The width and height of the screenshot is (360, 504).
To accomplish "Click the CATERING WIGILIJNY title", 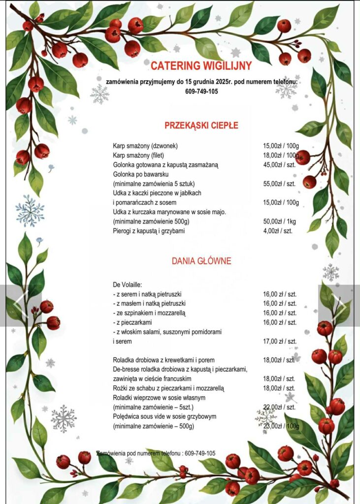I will [x=201, y=65].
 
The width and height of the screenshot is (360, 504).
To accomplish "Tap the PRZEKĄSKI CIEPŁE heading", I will [x=201, y=125].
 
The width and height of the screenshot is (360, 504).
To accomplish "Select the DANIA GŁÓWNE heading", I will [x=201, y=261].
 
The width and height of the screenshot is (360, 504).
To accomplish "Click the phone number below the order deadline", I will [x=201, y=91].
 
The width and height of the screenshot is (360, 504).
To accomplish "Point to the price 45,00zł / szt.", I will [x=279, y=165].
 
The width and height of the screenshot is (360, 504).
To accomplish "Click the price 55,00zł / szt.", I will [x=279, y=184].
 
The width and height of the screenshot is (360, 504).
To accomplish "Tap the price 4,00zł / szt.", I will [x=278, y=231].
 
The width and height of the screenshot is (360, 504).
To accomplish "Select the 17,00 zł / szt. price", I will [x=280, y=341].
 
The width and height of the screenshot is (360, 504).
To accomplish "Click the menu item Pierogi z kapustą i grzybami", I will [x=149, y=231].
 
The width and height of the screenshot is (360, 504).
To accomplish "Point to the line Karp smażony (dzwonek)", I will [x=145, y=146].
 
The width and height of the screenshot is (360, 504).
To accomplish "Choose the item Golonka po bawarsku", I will [x=142, y=174].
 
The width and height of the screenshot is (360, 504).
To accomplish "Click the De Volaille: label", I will [x=128, y=284].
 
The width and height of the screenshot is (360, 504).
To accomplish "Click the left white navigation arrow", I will [x=20, y=305].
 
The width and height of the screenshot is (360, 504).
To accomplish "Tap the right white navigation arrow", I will [x=340, y=305].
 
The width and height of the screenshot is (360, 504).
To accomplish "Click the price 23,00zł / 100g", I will [x=281, y=426].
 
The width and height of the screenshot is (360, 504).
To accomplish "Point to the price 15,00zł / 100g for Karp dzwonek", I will [x=281, y=146].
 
